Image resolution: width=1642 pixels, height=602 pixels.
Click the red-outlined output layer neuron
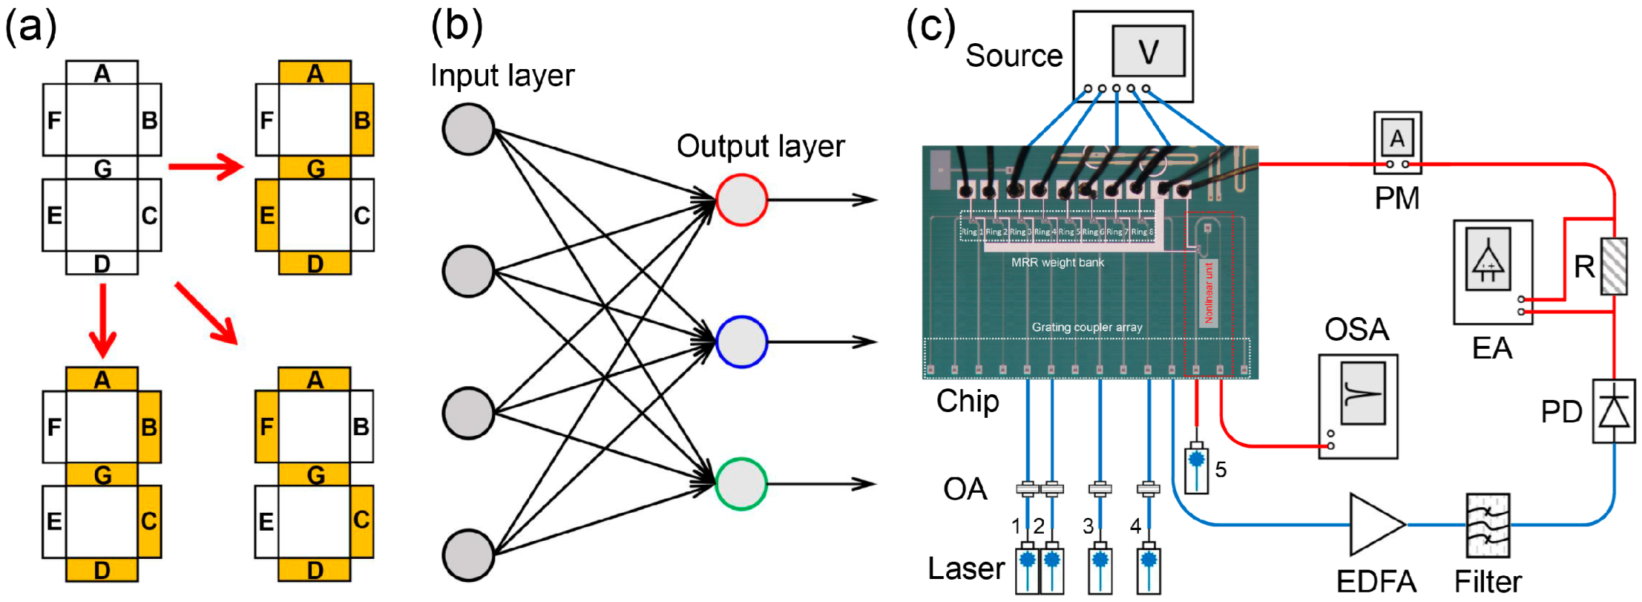tap(741, 200)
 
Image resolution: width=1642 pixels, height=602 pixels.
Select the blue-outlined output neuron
tap(741, 342)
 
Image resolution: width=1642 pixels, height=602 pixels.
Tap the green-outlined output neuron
tap(741, 484)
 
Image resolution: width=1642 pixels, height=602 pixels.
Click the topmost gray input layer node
tap(468, 129)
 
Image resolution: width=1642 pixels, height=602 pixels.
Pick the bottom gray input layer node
tap(468, 555)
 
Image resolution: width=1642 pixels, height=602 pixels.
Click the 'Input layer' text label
tap(502, 76)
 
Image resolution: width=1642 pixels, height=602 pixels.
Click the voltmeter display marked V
tap(1148, 51)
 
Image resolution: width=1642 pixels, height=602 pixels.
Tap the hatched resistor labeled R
tap(1614, 266)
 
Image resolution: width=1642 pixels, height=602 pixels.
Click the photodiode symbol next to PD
tap(1614, 411)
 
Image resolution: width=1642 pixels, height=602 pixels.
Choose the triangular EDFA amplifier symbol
tap(1375, 524)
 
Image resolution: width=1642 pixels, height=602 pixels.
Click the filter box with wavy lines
tap(1487, 525)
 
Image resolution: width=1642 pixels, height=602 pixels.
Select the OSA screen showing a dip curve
tap(1362, 393)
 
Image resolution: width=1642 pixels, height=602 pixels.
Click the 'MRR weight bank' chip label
tap(1057, 263)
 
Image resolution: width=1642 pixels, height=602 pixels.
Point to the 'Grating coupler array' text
tap(1086, 327)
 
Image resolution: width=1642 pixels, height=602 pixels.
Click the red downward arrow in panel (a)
tap(103, 320)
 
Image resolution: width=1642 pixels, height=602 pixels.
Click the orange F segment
tap(266, 427)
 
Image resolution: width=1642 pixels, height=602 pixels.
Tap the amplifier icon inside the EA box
tap(1487, 259)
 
